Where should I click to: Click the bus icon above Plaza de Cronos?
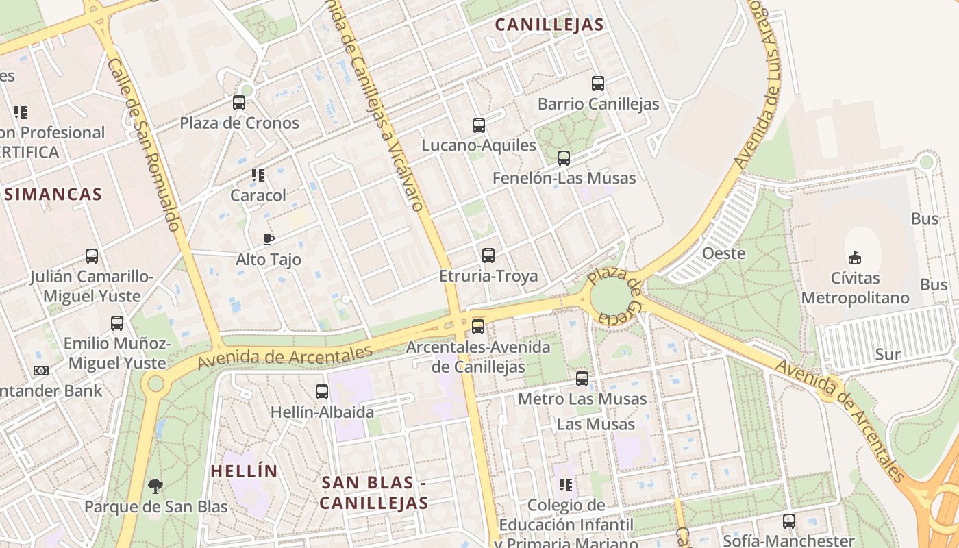[x=238, y=103]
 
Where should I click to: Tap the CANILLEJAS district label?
[x=549, y=25]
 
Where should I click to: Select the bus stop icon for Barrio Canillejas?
[x=597, y=84]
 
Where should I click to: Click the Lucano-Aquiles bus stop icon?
[x=478, y=125]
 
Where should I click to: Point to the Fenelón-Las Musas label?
[x=564, y=179]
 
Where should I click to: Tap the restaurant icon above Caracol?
[x=258, y=175]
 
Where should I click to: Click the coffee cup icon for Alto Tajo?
[x=268, y=239]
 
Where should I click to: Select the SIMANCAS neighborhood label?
[x=53, y=195]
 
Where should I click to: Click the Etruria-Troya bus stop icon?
[x=488, y=256]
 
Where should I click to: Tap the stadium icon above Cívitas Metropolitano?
[x=854, y=258]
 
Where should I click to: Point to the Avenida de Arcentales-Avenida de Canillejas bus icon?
[x=477, y=326]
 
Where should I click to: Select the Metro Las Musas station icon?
[x=582, y=378]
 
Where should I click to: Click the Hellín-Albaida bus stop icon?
[x=321, y=392]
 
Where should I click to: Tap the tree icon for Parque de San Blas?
[x=155, y=486]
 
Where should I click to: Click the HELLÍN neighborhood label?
[x=244, y=471]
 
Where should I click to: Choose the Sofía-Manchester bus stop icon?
[x=788, y=521]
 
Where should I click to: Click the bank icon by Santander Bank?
[x=41, y=371]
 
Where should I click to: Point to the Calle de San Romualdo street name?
[x=145, y=144]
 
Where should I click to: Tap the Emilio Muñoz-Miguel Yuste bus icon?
[x=117, y=323]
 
